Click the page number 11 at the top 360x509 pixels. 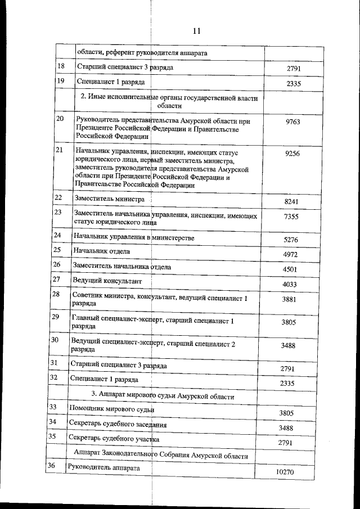pos(197,31)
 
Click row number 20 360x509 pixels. pos(60,119)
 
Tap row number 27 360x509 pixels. pos(56,279)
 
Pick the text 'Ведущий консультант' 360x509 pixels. pos(107,280)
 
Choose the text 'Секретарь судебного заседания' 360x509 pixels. pos(117,422)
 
